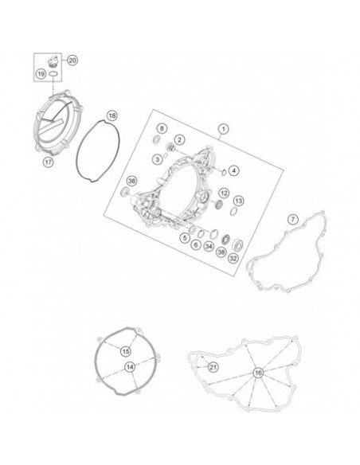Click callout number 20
(72, 61)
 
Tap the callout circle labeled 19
(41, 73)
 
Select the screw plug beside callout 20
(53, 61)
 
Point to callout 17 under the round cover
(48, 162)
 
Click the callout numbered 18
(112, 115)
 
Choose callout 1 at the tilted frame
(224, 129)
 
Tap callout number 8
(162, 128)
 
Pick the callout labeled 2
(179, 139)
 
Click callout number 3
(158, 159)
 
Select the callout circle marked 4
(234, 170)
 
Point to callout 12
(224, 193)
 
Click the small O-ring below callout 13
(233, 211)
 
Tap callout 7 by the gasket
(293, 220)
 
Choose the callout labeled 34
(209, 246)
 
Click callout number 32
(233, 258)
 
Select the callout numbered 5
(185, 237)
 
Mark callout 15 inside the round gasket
(126, 351)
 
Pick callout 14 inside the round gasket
(130, 367)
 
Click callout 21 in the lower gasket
(213, 367)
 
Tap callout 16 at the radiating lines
(258, 373)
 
